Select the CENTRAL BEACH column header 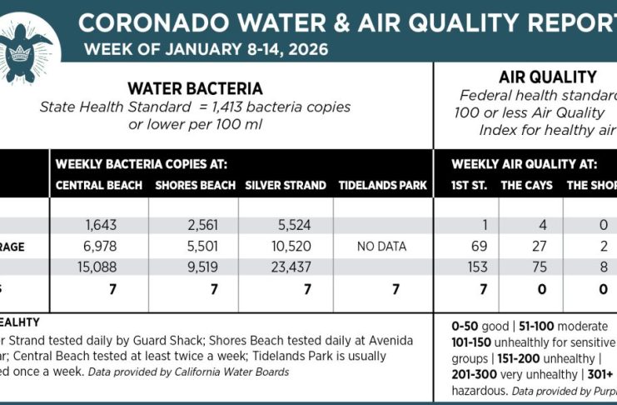click(99, 184)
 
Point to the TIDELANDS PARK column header click(382, 184)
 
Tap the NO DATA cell click(381, 247)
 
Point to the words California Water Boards click(245, 372)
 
